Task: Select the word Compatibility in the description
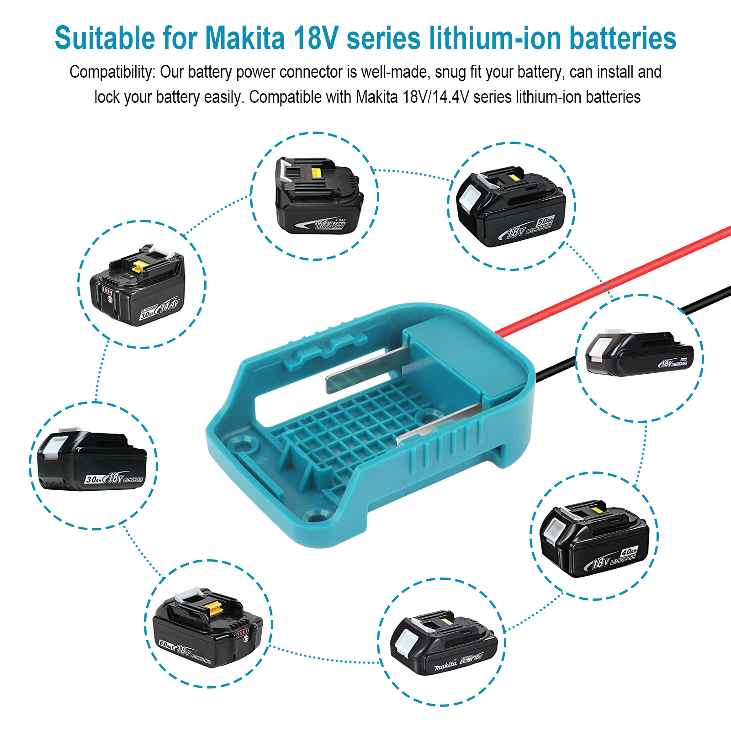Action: coord(112,72)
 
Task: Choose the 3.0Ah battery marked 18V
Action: coord(91,461)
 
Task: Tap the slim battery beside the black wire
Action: coord(640,354)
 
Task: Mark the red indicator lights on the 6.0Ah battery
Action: coord(242,633)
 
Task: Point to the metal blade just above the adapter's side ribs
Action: coord(439,423)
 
